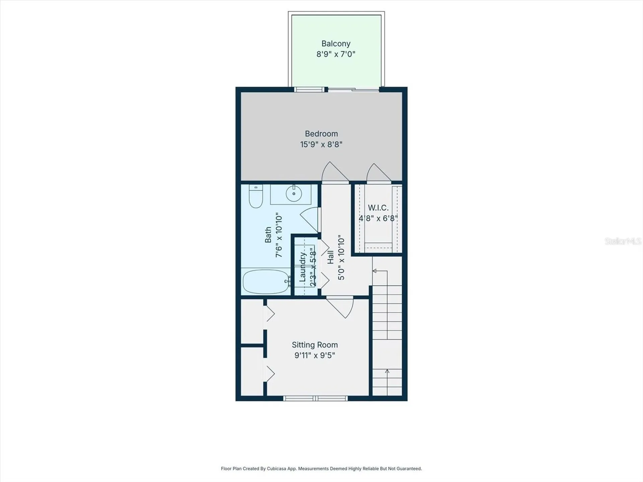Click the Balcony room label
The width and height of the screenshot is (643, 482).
point(336,44)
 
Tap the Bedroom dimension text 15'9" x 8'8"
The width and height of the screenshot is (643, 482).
point(321,144)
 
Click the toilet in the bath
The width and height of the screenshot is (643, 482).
point(256,197)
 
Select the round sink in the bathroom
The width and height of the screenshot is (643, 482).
point(294,193)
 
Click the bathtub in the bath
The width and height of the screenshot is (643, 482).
point(266,282)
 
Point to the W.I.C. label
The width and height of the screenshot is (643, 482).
point(378,208)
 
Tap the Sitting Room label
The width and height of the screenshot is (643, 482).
point(315,345)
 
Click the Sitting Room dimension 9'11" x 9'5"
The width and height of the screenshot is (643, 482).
point(315,355)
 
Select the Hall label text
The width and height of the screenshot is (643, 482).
point(331,257)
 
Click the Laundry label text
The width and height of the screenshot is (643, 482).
point(302,267)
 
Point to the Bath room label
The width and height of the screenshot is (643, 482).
point(268,235)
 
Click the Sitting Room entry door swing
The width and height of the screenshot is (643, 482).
point(340,307)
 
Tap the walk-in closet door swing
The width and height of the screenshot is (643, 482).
point(379,173)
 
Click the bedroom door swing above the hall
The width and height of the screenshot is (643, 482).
point(335,172)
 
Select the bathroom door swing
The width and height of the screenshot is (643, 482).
point(310,220)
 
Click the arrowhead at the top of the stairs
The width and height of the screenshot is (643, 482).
point(374,271)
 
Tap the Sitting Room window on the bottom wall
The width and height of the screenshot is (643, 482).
point(315,398)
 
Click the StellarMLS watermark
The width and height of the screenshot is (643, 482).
point(623,241)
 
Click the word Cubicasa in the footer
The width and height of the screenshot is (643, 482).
point(277,469)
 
